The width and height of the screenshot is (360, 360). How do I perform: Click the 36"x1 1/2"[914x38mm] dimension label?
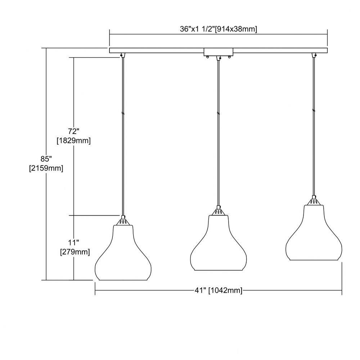coord(219,29)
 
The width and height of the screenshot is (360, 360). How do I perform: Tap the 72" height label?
coord(73,131)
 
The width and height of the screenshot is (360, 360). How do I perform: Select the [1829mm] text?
coord(74,140)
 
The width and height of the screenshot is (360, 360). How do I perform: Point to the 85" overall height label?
coord(46,159)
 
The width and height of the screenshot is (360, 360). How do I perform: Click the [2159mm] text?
coord(46,168)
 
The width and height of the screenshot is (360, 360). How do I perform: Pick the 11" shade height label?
coord(73,242)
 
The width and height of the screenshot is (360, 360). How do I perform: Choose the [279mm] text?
coord(75,252)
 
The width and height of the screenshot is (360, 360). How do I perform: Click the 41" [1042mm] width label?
coord(219,291)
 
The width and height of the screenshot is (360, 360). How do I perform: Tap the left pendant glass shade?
coord(123,253)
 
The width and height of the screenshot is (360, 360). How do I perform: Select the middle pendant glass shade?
coord(219,243)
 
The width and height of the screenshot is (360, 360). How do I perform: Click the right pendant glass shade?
coord(314,233)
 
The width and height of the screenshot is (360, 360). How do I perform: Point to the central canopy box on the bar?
coord(219,53)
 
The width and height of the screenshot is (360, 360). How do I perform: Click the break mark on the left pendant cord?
coord(123,113)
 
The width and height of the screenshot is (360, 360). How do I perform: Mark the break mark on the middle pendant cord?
coord(219,113)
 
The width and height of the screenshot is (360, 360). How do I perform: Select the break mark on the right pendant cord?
coord(314,111)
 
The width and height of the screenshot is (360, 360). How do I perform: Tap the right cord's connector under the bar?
coord(314,55)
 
